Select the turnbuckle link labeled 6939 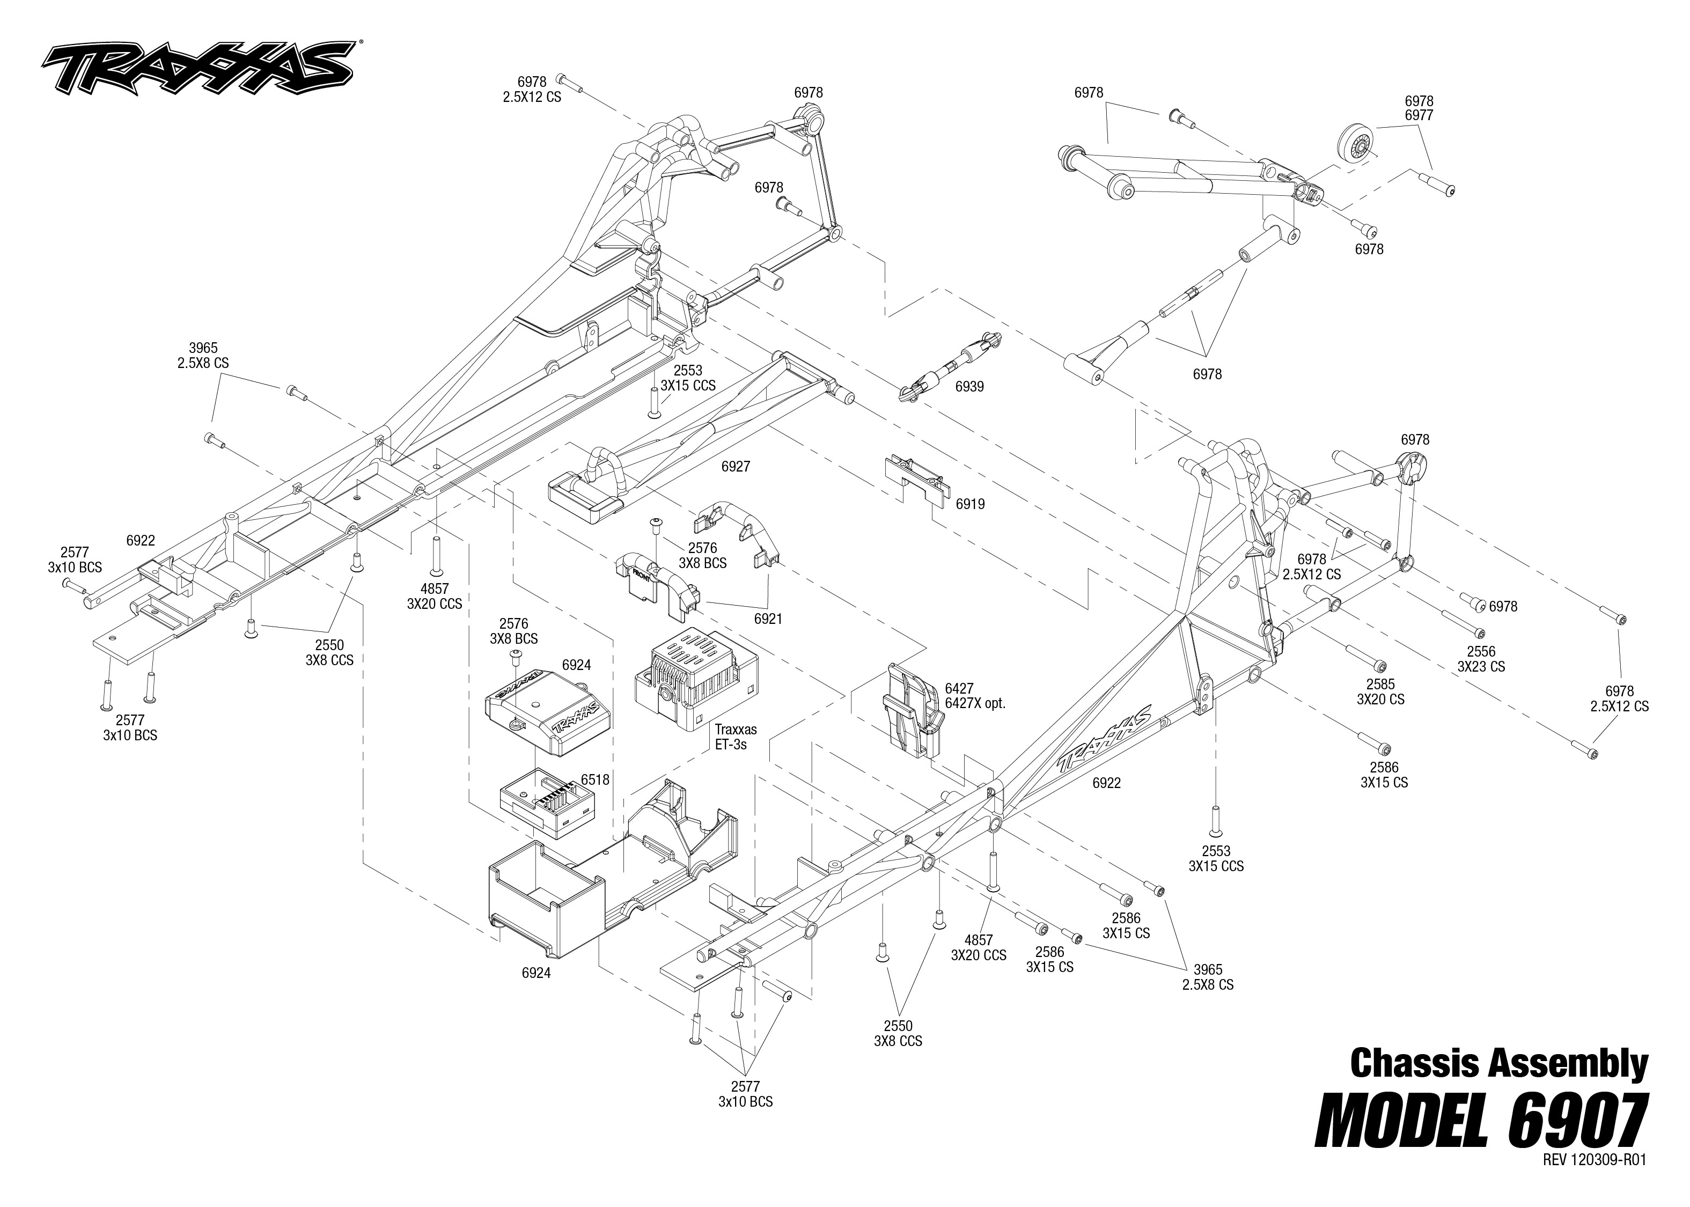pos(951,366)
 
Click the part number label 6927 pos(735,467)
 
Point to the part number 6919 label pos(970,504)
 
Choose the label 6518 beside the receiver pos(596,779)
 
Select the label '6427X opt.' pos(974,704)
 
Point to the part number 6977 pos(1419,116)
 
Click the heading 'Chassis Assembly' pos(1498,1064)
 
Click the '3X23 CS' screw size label pos(1480,667)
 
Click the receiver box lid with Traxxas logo pos(547,711)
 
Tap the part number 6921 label pos(768,619)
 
